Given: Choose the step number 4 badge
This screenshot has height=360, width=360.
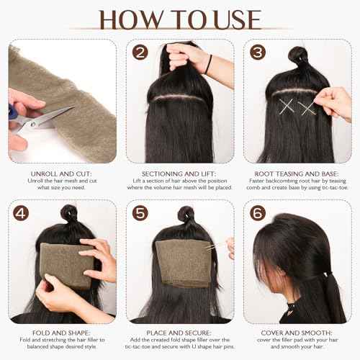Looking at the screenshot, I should pyautogui.click(x=21, y=212).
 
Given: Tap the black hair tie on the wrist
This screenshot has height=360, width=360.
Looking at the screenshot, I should pyautogui.click(x=208, y=65).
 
